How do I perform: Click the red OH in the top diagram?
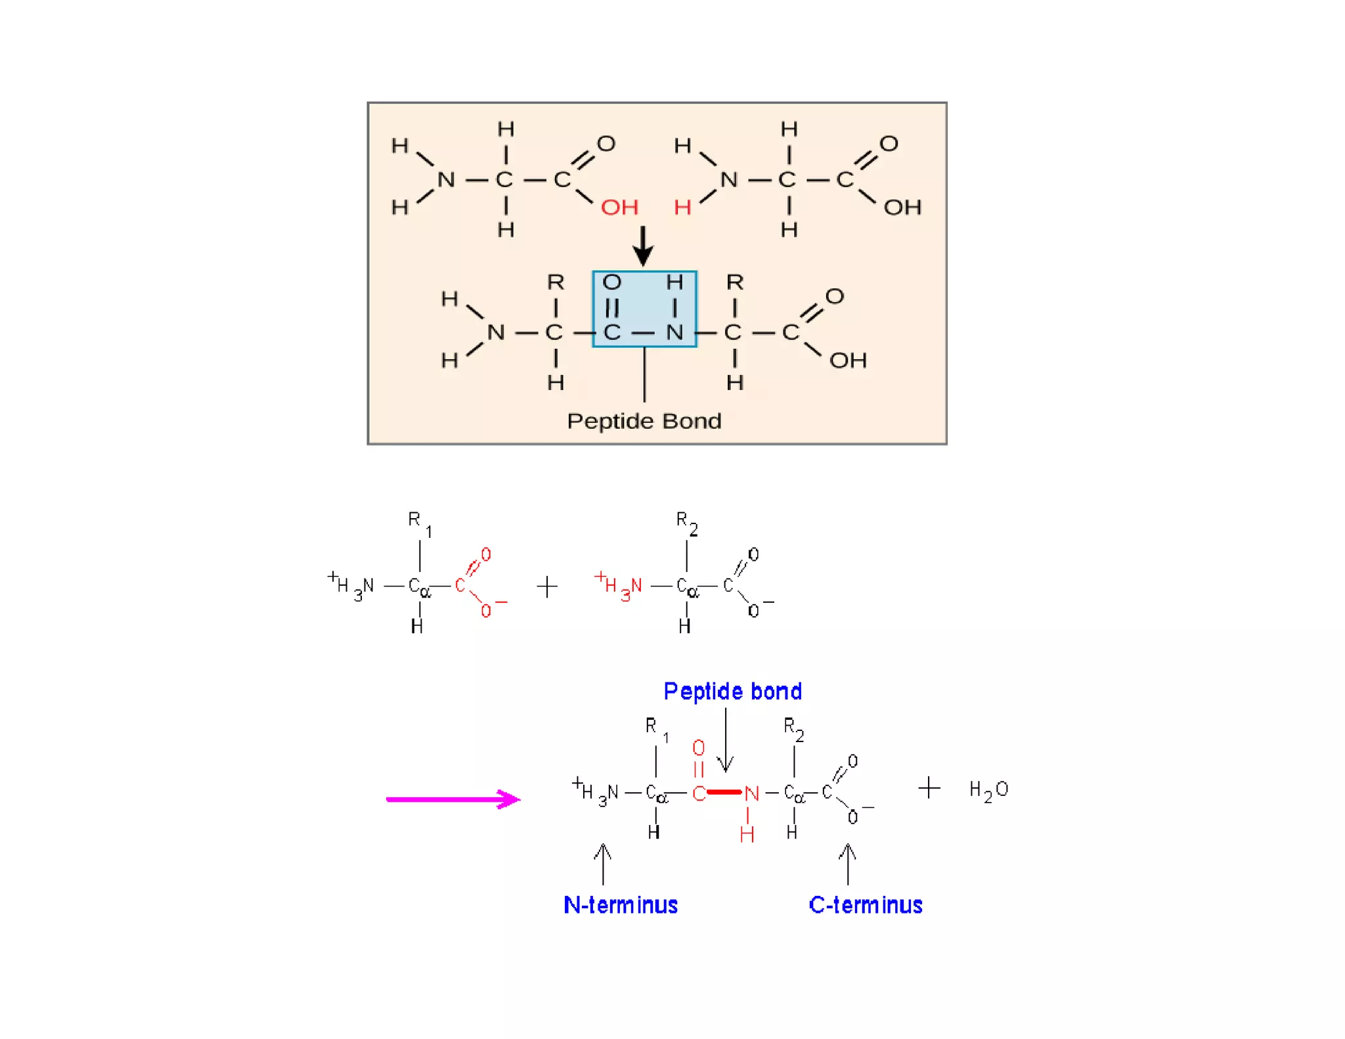point(619,208)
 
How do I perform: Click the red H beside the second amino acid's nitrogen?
point(682,208)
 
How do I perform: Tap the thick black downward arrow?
point(643,246)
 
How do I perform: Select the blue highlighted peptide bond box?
point(644,309)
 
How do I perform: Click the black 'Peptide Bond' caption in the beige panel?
point(644,421)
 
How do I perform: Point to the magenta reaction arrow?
point(452,799)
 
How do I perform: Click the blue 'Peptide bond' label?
point(732,692)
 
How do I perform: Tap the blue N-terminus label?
point(621,905)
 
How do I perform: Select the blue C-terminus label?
point(866,905)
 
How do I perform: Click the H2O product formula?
point(988,789)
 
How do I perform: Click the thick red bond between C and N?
point(724,792)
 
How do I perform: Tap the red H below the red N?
point(747,835)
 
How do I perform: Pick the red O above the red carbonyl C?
point(699,748)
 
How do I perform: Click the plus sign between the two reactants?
point(547,586)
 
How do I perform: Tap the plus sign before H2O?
point(929,787)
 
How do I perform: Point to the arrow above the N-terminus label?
point(603,863)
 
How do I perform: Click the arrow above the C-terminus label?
point(848,863)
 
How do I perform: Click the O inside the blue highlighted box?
point(612,282)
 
